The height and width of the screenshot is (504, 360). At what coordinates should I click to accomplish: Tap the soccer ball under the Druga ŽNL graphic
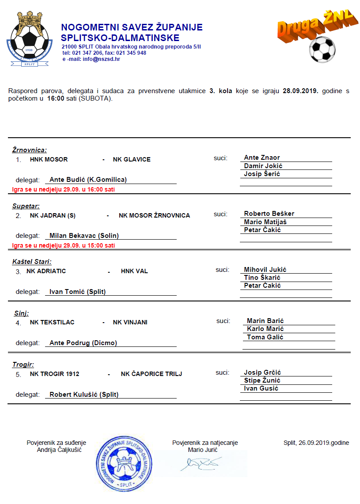coord(322,49)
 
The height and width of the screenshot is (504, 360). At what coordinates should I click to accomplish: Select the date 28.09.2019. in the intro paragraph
coord(300,91)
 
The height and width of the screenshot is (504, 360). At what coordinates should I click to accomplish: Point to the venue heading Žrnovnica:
coord(29,150)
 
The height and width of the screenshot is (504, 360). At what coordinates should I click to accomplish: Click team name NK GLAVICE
coord(132,159)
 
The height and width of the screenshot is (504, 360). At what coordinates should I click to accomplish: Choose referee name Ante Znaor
coord(262,158)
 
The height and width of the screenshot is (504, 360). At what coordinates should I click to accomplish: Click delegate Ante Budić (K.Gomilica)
coord(88,180)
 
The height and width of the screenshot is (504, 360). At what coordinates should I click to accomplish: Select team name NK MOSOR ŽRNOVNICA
coord(154,215)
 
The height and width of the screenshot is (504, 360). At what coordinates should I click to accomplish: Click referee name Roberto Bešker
coord(269,214)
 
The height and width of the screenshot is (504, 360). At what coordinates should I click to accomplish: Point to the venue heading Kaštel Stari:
coord(32,262)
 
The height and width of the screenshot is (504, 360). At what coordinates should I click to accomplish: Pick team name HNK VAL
coord(134,271)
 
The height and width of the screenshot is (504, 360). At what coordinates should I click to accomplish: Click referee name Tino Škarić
coord(262,278)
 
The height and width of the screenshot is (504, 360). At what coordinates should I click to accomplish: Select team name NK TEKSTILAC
coord(52,322)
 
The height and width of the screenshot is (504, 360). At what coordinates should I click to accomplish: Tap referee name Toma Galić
coord(265,337)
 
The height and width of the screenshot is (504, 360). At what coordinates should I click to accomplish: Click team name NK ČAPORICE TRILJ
coord(152,374)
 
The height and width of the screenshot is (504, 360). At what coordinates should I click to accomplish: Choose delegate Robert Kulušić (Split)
coord(84,395)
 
